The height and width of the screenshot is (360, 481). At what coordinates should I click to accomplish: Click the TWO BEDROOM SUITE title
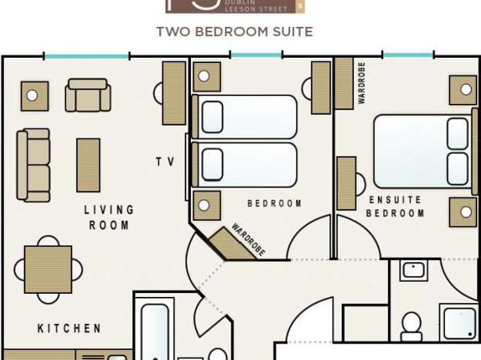click(234, 32)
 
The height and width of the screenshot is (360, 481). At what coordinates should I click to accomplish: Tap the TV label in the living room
click(165, 162)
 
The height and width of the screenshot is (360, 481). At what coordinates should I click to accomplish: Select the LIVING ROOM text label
click(109, 217)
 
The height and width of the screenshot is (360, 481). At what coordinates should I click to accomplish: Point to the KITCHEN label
click(69, 328)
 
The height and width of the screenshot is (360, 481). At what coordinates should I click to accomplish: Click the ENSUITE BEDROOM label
click(395, 207)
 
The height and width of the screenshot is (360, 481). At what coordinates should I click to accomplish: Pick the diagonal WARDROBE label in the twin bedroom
click(248, 240)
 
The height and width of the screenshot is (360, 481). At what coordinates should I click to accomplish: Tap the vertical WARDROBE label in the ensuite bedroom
click(362, 83)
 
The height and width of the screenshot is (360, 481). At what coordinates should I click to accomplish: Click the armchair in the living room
click(88, 95)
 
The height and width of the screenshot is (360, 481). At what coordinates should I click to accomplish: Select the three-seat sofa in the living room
click(33, 165)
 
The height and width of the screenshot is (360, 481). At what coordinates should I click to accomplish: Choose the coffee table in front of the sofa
click(89, 165)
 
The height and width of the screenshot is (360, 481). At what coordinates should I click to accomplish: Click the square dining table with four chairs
click(48, 270)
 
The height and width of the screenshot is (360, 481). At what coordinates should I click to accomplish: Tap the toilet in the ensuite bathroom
click(411, 327)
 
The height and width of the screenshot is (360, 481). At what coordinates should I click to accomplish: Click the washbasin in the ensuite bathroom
click(414, 271)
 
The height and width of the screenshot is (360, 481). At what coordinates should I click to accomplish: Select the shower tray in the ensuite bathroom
click(458, 322)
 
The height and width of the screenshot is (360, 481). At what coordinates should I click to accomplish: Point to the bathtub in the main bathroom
click(155, 331)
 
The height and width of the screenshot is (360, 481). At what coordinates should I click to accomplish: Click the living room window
click(87, 56)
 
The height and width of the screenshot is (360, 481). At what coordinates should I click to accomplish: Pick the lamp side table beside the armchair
click(35, 96)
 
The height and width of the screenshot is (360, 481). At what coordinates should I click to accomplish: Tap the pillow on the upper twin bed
click(212, 116)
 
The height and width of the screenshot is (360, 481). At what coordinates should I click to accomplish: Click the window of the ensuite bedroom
click(408, 55)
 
